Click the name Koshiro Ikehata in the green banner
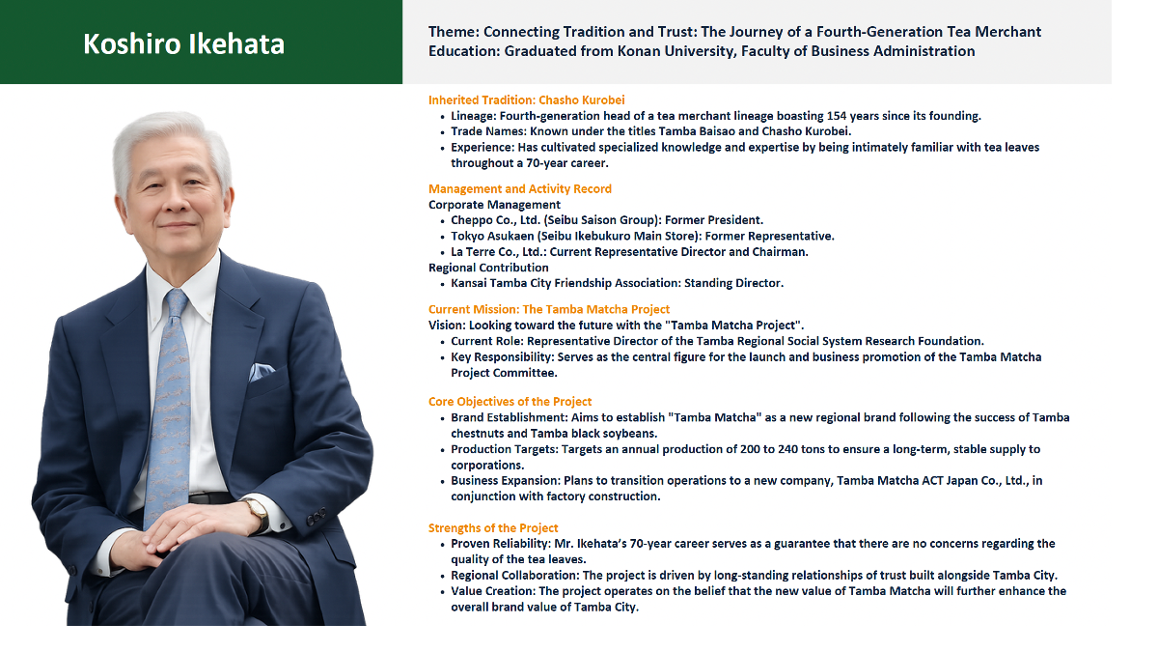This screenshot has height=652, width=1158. pyautogui.click(x=183, y=43)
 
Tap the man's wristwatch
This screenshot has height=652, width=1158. pyautogui.click(x=258, y=514)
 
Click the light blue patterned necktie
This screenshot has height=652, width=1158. pyautogui.click(x=169, y=404)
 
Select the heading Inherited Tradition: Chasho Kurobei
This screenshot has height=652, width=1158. pyautogui.click(x=526, y=99)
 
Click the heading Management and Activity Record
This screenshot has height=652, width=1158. pyautogui.click(x=519, y=189)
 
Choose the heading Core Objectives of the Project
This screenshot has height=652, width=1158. pyautogui.click(x=510, y=402)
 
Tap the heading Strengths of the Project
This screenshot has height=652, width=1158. pyautogui.click(x=493, y=527)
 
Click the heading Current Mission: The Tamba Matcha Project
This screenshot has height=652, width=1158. pyautogui.click(x=549, y=309)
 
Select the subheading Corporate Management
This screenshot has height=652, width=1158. pyautogui.click(x=494, y=205)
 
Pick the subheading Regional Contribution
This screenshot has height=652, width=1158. pyautogui.click(x=488, y=268)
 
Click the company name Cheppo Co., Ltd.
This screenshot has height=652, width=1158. pyautogui.click(x=495, y=220)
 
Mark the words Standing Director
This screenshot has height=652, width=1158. pyautogui.click(x=734, y=283)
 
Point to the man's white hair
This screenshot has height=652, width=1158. pyautogui.click(x=171, y=140)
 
